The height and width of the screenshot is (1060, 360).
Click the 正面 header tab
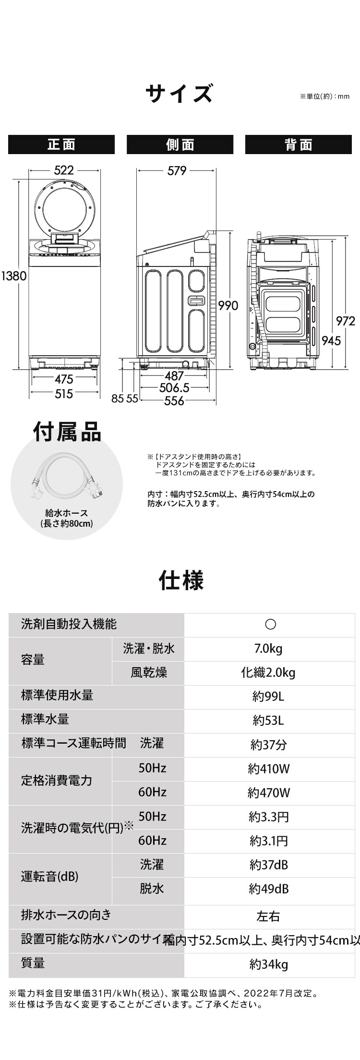click(61, 145)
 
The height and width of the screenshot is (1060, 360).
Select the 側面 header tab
click(180, 145)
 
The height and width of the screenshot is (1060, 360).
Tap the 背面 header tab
click(298, 145)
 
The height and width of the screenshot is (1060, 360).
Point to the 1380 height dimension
click(13, 276)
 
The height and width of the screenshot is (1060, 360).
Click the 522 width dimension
click(64, 170)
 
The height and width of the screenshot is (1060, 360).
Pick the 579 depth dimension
click(177, 170)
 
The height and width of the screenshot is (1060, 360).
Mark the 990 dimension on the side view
click(228, 305)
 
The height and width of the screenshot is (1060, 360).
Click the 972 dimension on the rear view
click(346, 321)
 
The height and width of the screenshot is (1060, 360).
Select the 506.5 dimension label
click(174, 387)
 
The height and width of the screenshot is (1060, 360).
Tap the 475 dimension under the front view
click(63, 379)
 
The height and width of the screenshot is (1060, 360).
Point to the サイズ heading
click(179, 93)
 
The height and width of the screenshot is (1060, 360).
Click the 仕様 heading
click(181, 580)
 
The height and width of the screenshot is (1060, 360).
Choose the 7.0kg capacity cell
click(268, 649)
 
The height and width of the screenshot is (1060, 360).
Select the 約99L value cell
click(268, 696)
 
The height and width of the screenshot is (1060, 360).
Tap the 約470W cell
click(268, 793)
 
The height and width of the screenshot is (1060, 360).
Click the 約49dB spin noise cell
click(268, 889)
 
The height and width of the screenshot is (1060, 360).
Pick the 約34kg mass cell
click(268, 964)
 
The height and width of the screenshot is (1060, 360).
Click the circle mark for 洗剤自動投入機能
click(270, 624)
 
